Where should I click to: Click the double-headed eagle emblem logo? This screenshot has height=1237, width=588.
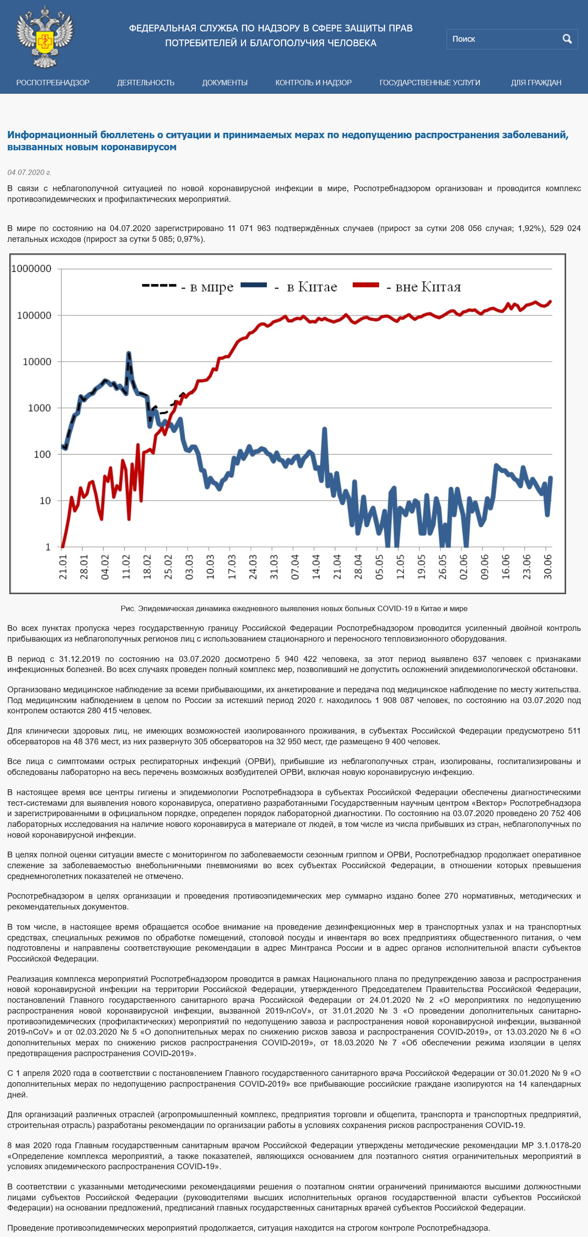(x=45, y=36)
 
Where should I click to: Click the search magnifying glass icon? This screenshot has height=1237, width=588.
(x=567, y=39)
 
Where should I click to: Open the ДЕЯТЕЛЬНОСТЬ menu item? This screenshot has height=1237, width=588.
(x=145, y=83)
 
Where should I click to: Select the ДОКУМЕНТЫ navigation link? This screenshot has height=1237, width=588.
(x=225, y=83)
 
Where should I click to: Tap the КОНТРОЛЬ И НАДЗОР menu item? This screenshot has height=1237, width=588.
(x=313, y=83)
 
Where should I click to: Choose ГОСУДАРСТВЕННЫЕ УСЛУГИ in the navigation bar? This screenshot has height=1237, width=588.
(x=430, y=83)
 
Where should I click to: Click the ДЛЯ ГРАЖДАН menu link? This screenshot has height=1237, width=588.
(x=536, y=83)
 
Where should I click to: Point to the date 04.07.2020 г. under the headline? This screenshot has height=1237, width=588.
(x=29, y=172)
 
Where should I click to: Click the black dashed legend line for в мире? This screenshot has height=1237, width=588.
(x=159, y=286)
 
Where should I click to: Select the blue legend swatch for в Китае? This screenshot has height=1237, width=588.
(x=254, y=285)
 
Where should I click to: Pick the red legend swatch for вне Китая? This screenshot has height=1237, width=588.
(x=366, y=285)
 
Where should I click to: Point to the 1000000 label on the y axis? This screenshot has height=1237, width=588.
(x=31, y=269)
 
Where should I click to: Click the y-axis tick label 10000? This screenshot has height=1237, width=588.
(x=37, y=362)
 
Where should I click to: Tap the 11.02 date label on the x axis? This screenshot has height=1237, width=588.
(x=126, y=567)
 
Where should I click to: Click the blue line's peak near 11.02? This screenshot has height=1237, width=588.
(x=128, y=354)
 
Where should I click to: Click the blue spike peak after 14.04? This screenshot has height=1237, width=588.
(x=325, y=429)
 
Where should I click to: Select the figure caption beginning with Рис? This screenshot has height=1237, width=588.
(x=294, y=608)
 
